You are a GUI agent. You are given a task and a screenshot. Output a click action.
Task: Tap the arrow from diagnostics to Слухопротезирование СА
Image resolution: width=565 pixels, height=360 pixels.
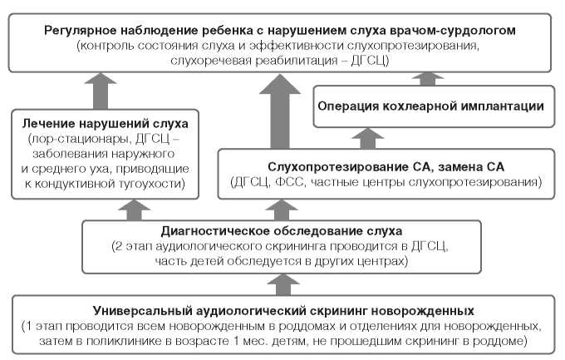pos(370,210)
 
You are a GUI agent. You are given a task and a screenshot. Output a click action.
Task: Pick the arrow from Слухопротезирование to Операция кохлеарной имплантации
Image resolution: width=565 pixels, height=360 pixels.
pos(361,136)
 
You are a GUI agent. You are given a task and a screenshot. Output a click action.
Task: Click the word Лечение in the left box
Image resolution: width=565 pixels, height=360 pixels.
pos(47,123)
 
